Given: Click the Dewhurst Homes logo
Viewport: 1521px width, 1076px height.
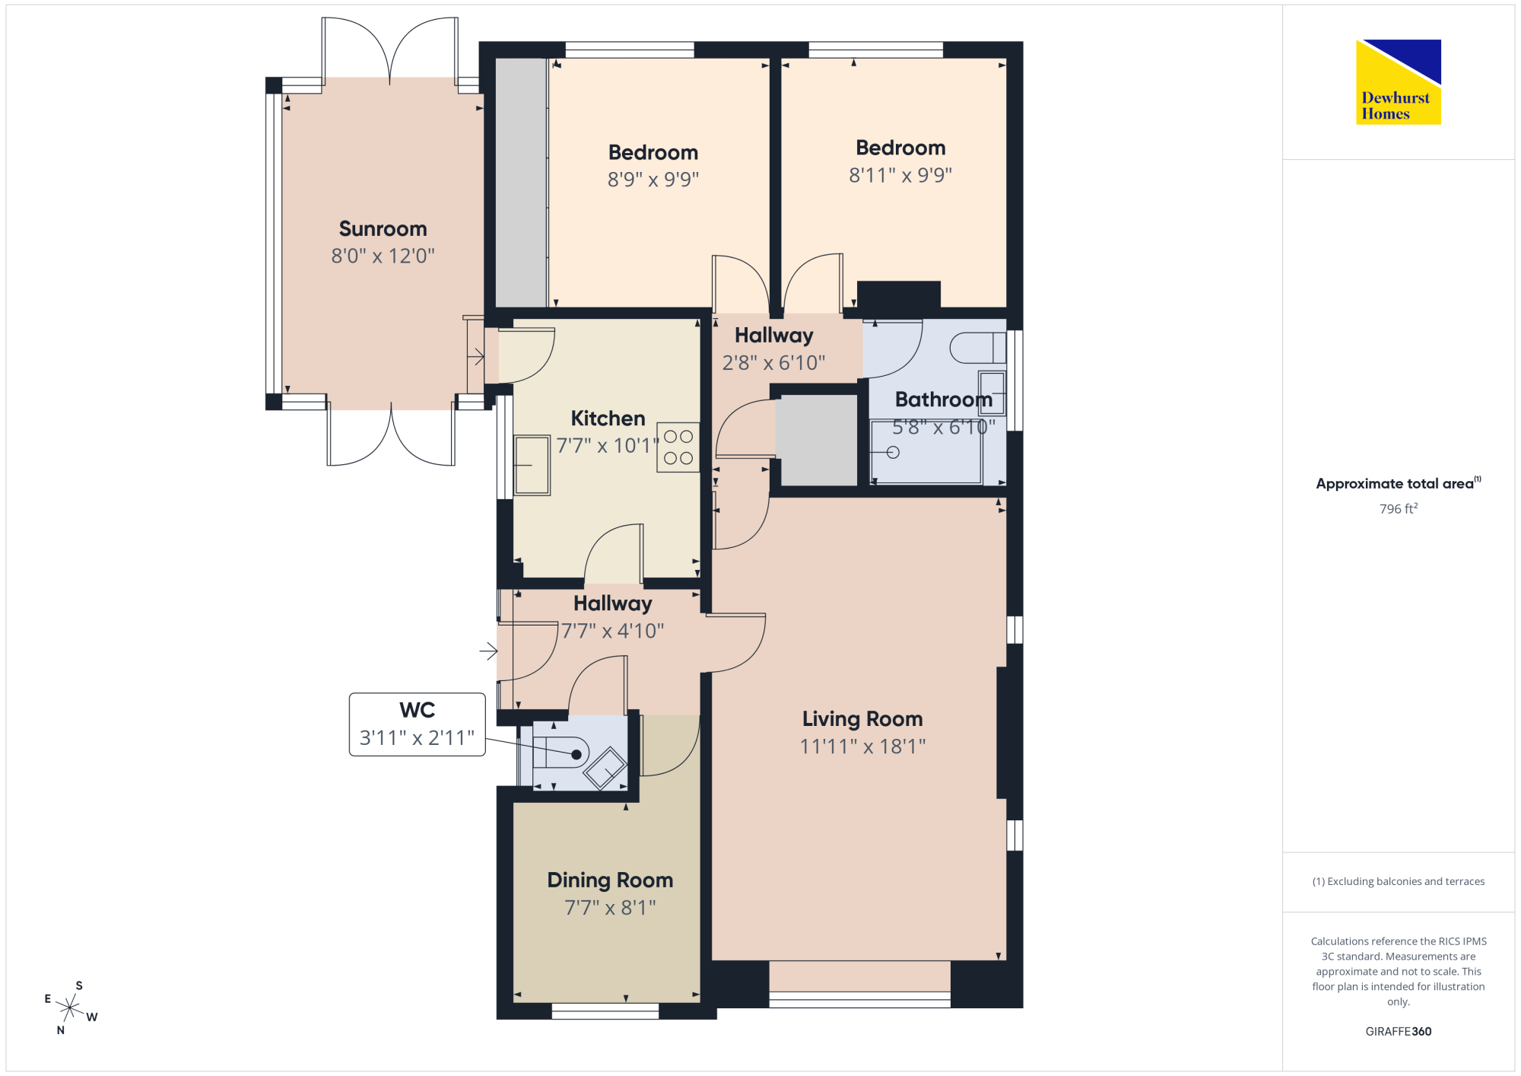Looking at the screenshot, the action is pyautogui.click(x=1399, y=81).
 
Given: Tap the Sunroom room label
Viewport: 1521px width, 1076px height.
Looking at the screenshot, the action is pyautogui.click(x=383, y=229).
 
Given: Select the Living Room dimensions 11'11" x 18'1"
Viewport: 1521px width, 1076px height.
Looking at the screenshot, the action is pyautogui.click(x=862, y=747).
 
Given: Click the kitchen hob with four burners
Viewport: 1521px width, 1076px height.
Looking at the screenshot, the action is pyautogui.click(x=678, y=447).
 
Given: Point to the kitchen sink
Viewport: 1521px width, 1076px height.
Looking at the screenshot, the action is pyautogui.click(x=532, y=465).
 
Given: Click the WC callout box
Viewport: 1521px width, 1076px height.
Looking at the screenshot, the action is pyautogui.click(x=417, y=724).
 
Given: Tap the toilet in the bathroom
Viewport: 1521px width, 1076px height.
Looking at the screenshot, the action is pyautogui.click(x=978, y=348).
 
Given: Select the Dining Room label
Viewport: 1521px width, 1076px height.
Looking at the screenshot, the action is pyautogui.click(x=610, y=880).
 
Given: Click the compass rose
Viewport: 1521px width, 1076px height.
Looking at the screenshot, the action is pyautogui.click(x=70, y=1008).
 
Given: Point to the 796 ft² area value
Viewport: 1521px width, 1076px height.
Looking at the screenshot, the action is pyautogui.click(x=1399, y=508).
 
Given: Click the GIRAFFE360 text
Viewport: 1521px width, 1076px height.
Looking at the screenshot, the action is pyautogui.click(x=1399, y=1032).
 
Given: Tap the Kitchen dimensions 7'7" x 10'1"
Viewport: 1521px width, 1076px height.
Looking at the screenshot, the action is pyautogui.click(x=608, y=446).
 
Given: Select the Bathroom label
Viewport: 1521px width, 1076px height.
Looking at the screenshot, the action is pyautogui.click(x=944, y=400).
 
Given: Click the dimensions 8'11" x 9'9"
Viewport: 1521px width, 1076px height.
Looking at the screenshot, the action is pyautogui.click(x=900, y=176).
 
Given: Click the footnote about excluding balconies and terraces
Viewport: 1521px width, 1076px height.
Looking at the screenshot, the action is pyautogui.click(x=1399, y=881).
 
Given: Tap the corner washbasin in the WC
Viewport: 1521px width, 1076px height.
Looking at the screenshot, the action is pyautogui.click(x=605, y=769).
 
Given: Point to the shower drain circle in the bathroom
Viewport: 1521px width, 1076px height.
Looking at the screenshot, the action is pyautogui.click(x=894, y=453).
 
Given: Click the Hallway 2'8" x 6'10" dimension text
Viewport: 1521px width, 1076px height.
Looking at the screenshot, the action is pyautogui.click(x=773, y=363).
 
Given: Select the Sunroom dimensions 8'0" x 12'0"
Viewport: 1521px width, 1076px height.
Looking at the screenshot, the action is pyautogui.click(x=383, y=256).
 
